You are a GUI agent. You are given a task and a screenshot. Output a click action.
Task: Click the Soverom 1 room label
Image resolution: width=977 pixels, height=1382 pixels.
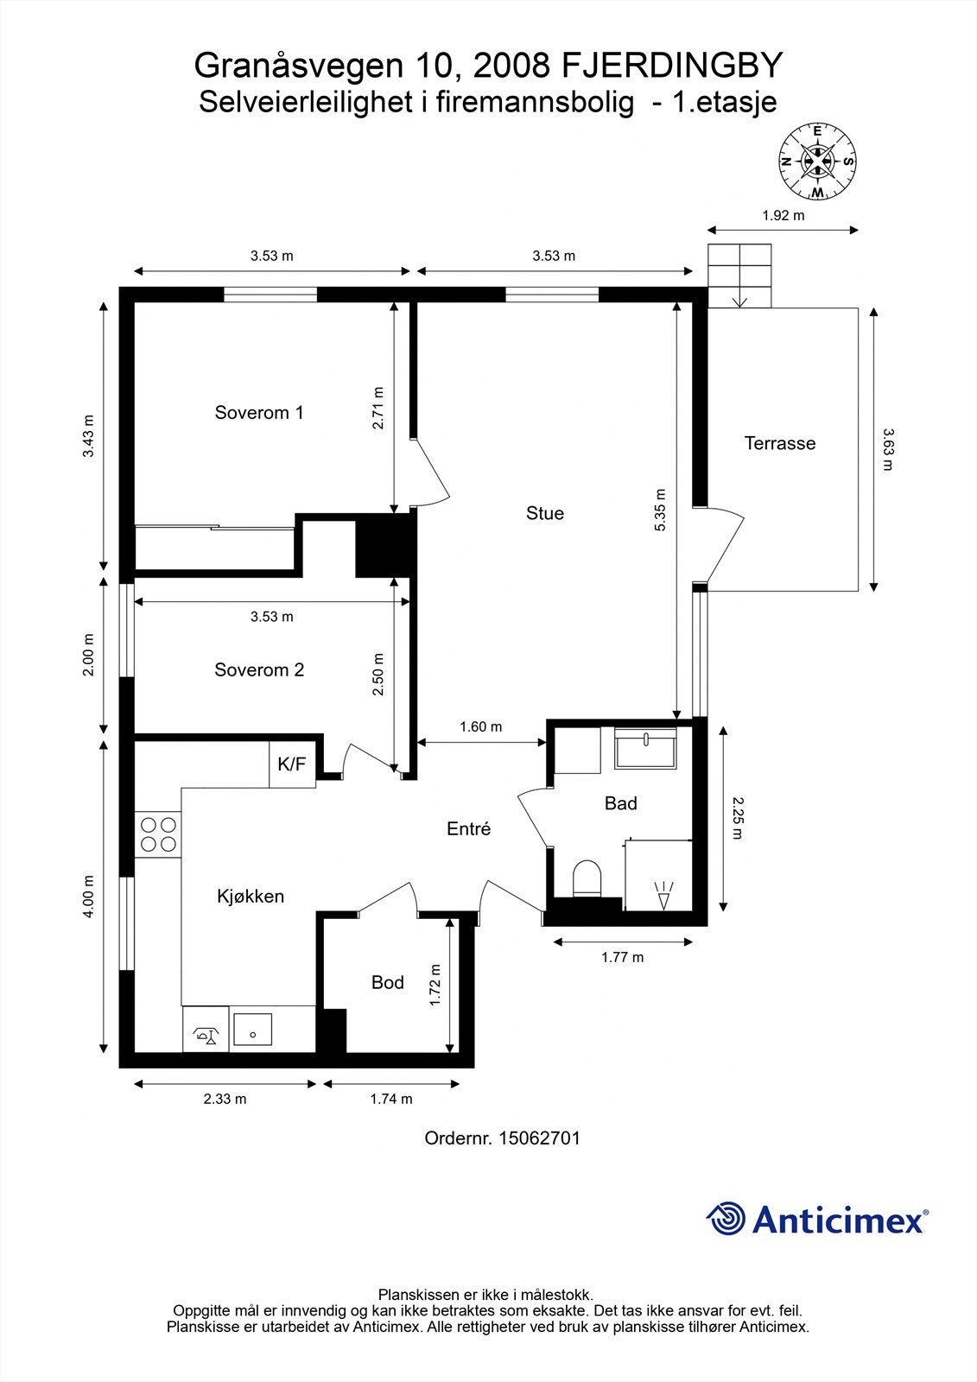point(259,412)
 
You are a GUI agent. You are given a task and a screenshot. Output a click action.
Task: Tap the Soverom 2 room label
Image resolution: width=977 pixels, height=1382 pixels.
point(259,669)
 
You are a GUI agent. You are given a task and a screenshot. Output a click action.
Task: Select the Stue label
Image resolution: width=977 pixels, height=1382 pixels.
point(545,513)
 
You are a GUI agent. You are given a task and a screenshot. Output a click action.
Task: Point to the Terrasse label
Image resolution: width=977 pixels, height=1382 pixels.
point(780,443)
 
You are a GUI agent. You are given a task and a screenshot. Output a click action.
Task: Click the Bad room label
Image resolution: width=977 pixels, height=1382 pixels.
point(621,802)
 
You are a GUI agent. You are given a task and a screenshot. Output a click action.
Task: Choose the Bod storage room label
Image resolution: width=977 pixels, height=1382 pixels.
point(388,981)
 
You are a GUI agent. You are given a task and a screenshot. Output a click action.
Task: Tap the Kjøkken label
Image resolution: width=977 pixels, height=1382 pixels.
point(251,896)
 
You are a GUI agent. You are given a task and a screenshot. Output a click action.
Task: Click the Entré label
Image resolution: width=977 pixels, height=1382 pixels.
point(468,828)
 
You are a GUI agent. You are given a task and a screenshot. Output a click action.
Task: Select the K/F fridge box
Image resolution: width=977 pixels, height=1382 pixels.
point(293,764)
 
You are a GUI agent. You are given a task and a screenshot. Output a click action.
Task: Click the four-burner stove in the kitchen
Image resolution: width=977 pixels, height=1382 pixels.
point(158,834)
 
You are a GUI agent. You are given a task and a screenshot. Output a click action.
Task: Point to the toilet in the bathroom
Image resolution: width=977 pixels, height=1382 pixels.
point(587,878)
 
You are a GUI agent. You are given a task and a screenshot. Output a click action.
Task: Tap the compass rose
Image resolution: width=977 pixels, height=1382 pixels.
point(817,162)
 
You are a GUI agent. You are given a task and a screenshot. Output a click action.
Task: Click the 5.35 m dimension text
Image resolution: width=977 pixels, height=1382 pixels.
point(660,510)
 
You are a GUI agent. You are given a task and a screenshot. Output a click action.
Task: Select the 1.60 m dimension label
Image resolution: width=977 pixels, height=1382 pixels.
point(481,726)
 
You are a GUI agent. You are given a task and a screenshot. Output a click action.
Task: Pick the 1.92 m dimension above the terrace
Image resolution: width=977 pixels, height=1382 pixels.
point(784,215)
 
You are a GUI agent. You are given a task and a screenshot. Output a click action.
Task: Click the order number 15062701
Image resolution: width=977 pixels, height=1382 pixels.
point(539,1138)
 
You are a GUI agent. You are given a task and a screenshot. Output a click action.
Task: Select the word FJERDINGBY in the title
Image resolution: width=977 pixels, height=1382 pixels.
point(671,66)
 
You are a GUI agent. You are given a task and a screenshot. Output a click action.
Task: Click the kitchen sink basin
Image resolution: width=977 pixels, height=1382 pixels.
point(252,1030)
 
